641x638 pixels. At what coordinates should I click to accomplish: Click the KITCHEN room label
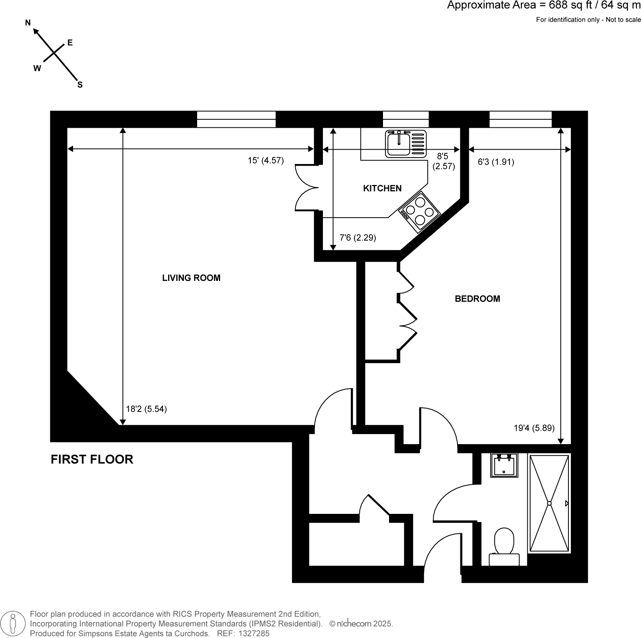pyautogui.click(x=382, y=188)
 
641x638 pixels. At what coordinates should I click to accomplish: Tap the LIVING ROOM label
pyautogui.click(x=191, y=278)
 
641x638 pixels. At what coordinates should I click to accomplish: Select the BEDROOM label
pyautogui.click(x=477, y=299)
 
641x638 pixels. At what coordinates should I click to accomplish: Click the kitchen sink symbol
pyautogui.click(x=406, y=144)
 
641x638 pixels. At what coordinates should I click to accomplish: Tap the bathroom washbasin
pyautogui.click(x=504, y=466)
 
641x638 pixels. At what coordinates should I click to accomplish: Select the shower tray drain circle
pyautogui.click(x=549, y=503)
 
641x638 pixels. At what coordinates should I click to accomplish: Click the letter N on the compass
pyautogui.click(x=28, y=23)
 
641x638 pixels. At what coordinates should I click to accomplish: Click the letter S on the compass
pyautogui.click(x=80, y=85)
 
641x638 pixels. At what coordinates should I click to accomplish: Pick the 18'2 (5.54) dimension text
pyautogui.click(x=146, y=409)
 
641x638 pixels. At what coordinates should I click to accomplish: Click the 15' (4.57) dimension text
pyautogui.click(x=266, y=160)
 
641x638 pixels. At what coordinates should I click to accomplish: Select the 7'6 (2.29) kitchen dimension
pyautogui.click(x=358, y=238)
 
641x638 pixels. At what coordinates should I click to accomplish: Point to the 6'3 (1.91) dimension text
pyautogui.click(x=496, y=162)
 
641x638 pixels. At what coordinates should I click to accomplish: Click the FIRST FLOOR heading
pyautogui.click(x=92, y=459)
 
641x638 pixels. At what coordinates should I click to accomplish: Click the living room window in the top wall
pyautogui.click(x=236, y=119)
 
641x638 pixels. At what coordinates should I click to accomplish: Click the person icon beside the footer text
pyautogui.click(x=14, y=623)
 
